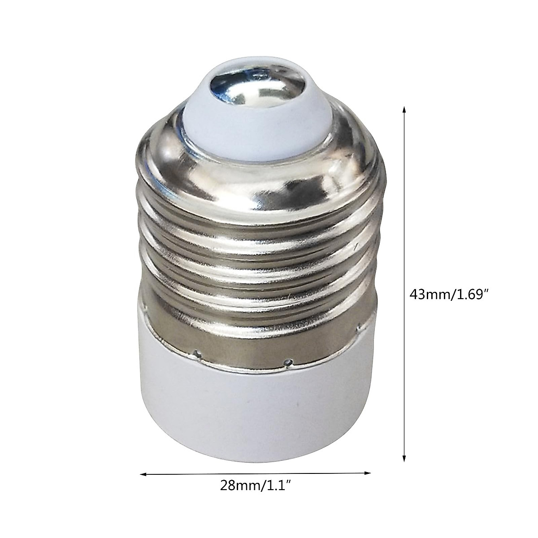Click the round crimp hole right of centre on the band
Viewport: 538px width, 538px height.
coord(291,360)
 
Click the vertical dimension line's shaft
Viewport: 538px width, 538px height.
coord(404,224)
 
